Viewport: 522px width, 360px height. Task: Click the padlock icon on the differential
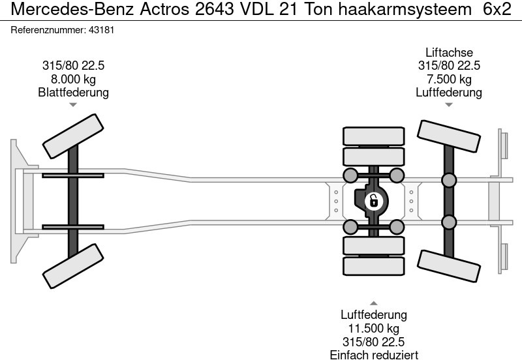[373, 201]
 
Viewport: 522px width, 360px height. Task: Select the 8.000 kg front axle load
[73, 79]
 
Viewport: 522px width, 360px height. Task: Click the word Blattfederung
[73, 93]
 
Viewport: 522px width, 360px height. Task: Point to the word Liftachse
[449, 52]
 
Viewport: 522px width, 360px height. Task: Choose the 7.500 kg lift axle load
[449, 79]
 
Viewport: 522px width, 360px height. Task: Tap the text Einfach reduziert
[373, 355]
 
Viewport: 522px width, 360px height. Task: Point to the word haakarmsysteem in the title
[405, 10]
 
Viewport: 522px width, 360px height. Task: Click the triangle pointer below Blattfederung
[73, 104]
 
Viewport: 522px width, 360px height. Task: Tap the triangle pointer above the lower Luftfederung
[373, 303]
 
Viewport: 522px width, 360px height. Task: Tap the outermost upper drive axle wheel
[373, 136]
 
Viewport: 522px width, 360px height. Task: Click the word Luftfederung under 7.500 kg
[449, 93]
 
